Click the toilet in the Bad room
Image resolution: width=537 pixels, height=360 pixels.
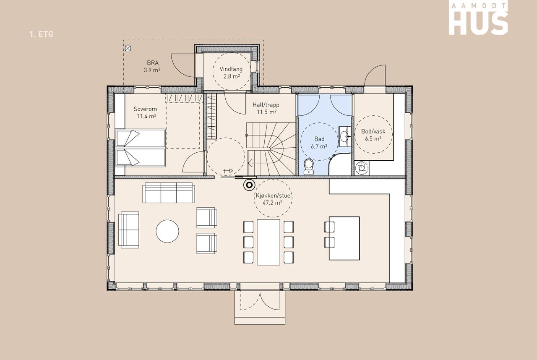coord(308,167)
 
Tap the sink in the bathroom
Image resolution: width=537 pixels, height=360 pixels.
coord(345,136)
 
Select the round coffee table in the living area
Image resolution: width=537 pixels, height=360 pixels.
coord(167,231)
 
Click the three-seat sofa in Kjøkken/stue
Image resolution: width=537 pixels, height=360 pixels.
coord(169,193)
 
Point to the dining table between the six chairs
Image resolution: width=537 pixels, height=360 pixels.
coord(268,242)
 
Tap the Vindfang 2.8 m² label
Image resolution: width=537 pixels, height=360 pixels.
coord(231,73)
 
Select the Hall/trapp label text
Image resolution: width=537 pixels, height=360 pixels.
coord(266,105)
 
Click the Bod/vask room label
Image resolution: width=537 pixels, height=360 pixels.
coord(373,131)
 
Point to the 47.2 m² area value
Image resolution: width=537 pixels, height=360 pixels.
coord(272,203)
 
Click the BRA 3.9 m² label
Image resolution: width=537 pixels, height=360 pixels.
coord(152,66)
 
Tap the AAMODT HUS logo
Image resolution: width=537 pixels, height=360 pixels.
coord(478,19)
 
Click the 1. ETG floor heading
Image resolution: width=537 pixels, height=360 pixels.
coord(42,34)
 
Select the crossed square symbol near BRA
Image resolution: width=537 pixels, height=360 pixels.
coord(128,49)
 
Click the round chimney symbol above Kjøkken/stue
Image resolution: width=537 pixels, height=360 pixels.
coord(249,185)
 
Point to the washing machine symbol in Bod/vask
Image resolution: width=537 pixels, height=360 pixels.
coord(362,168)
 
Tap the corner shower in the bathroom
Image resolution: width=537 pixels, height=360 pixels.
coord(339,164)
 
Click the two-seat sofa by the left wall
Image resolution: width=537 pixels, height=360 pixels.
coord(129,230)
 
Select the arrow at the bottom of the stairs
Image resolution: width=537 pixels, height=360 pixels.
coord(250,163)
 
